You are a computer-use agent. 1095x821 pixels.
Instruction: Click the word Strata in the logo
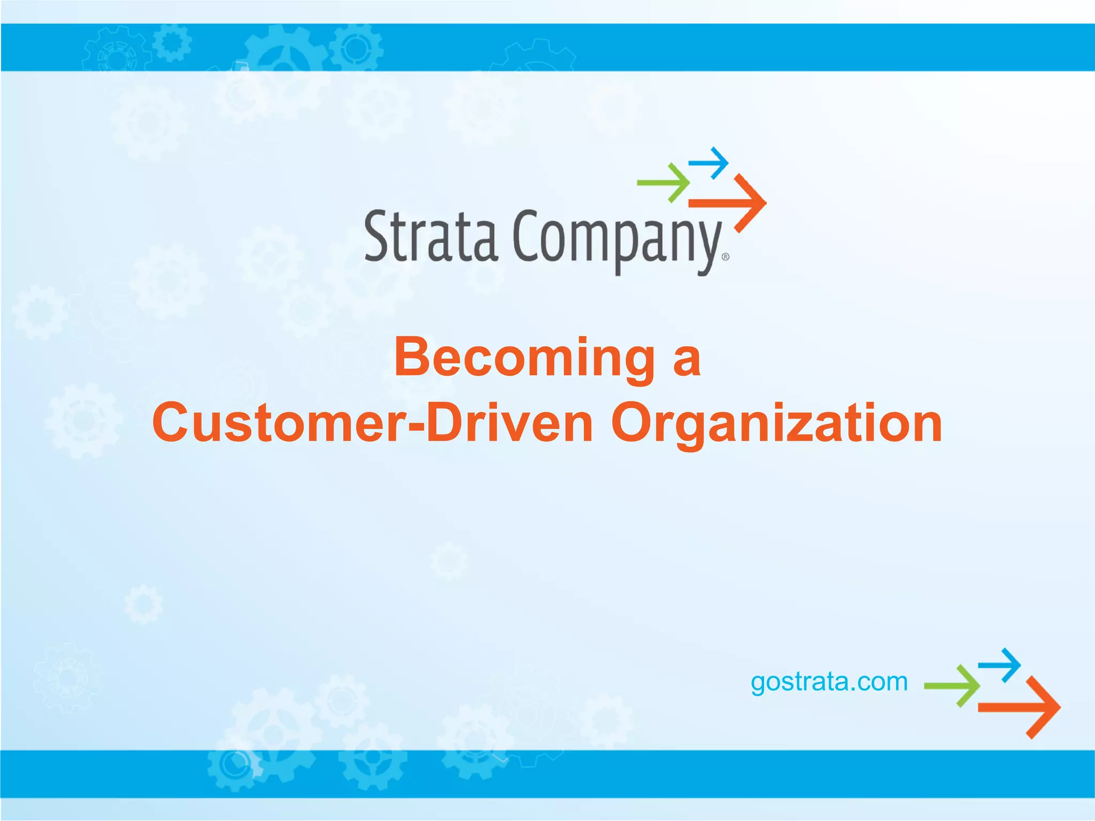[x=431, y=237]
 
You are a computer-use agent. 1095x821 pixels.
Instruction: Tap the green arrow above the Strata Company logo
[x=664, y=183]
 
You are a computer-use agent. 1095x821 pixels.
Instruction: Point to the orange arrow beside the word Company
[x=729, y=203]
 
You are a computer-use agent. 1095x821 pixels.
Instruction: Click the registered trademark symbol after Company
[x=725, y=257]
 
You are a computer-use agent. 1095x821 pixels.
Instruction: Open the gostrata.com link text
[x=829, y=683]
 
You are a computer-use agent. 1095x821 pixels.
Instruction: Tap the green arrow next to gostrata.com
[x=952, y=686]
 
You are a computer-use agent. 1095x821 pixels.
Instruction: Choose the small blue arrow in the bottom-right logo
[x=1000, y=665]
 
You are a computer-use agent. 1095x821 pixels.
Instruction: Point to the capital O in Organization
[x=634, y=423]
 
